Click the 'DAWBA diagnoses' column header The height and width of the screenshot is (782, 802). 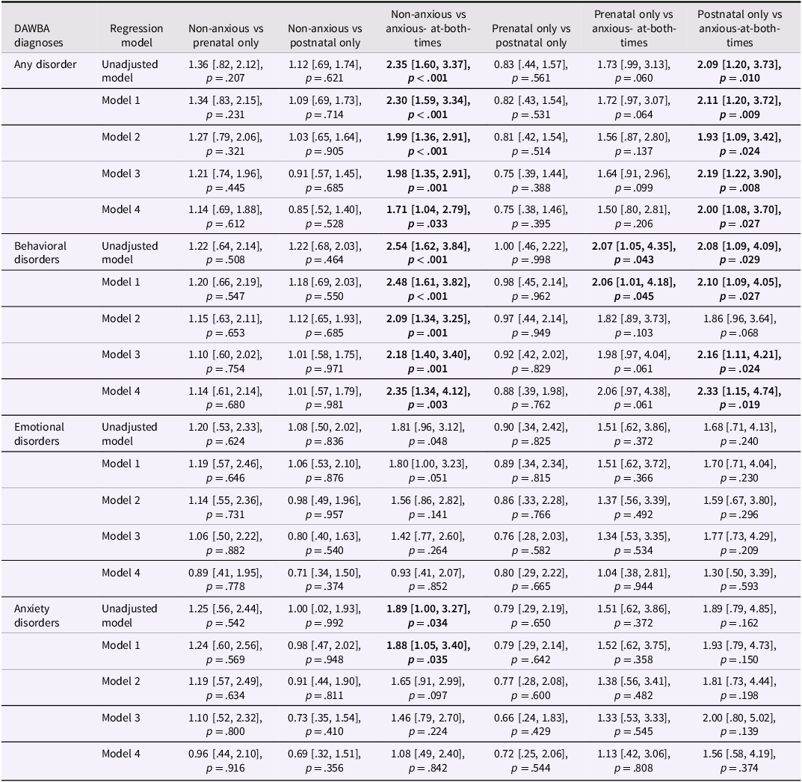(39, 36)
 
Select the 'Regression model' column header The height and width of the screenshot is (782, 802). (136, 36)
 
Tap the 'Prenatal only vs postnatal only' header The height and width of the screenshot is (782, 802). (531, 36)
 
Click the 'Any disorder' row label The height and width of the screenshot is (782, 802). (46, 64)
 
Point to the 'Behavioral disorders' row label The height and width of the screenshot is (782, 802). (40, 253)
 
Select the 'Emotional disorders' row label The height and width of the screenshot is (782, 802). (40, 434)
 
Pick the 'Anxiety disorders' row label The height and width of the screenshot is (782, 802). (37, 616)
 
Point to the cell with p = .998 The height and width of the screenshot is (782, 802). (531, 259)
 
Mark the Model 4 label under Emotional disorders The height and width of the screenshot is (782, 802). (121, 573)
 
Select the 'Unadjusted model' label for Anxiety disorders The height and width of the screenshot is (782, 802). (130, 616)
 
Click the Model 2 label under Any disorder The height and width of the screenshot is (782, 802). (121, 137)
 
